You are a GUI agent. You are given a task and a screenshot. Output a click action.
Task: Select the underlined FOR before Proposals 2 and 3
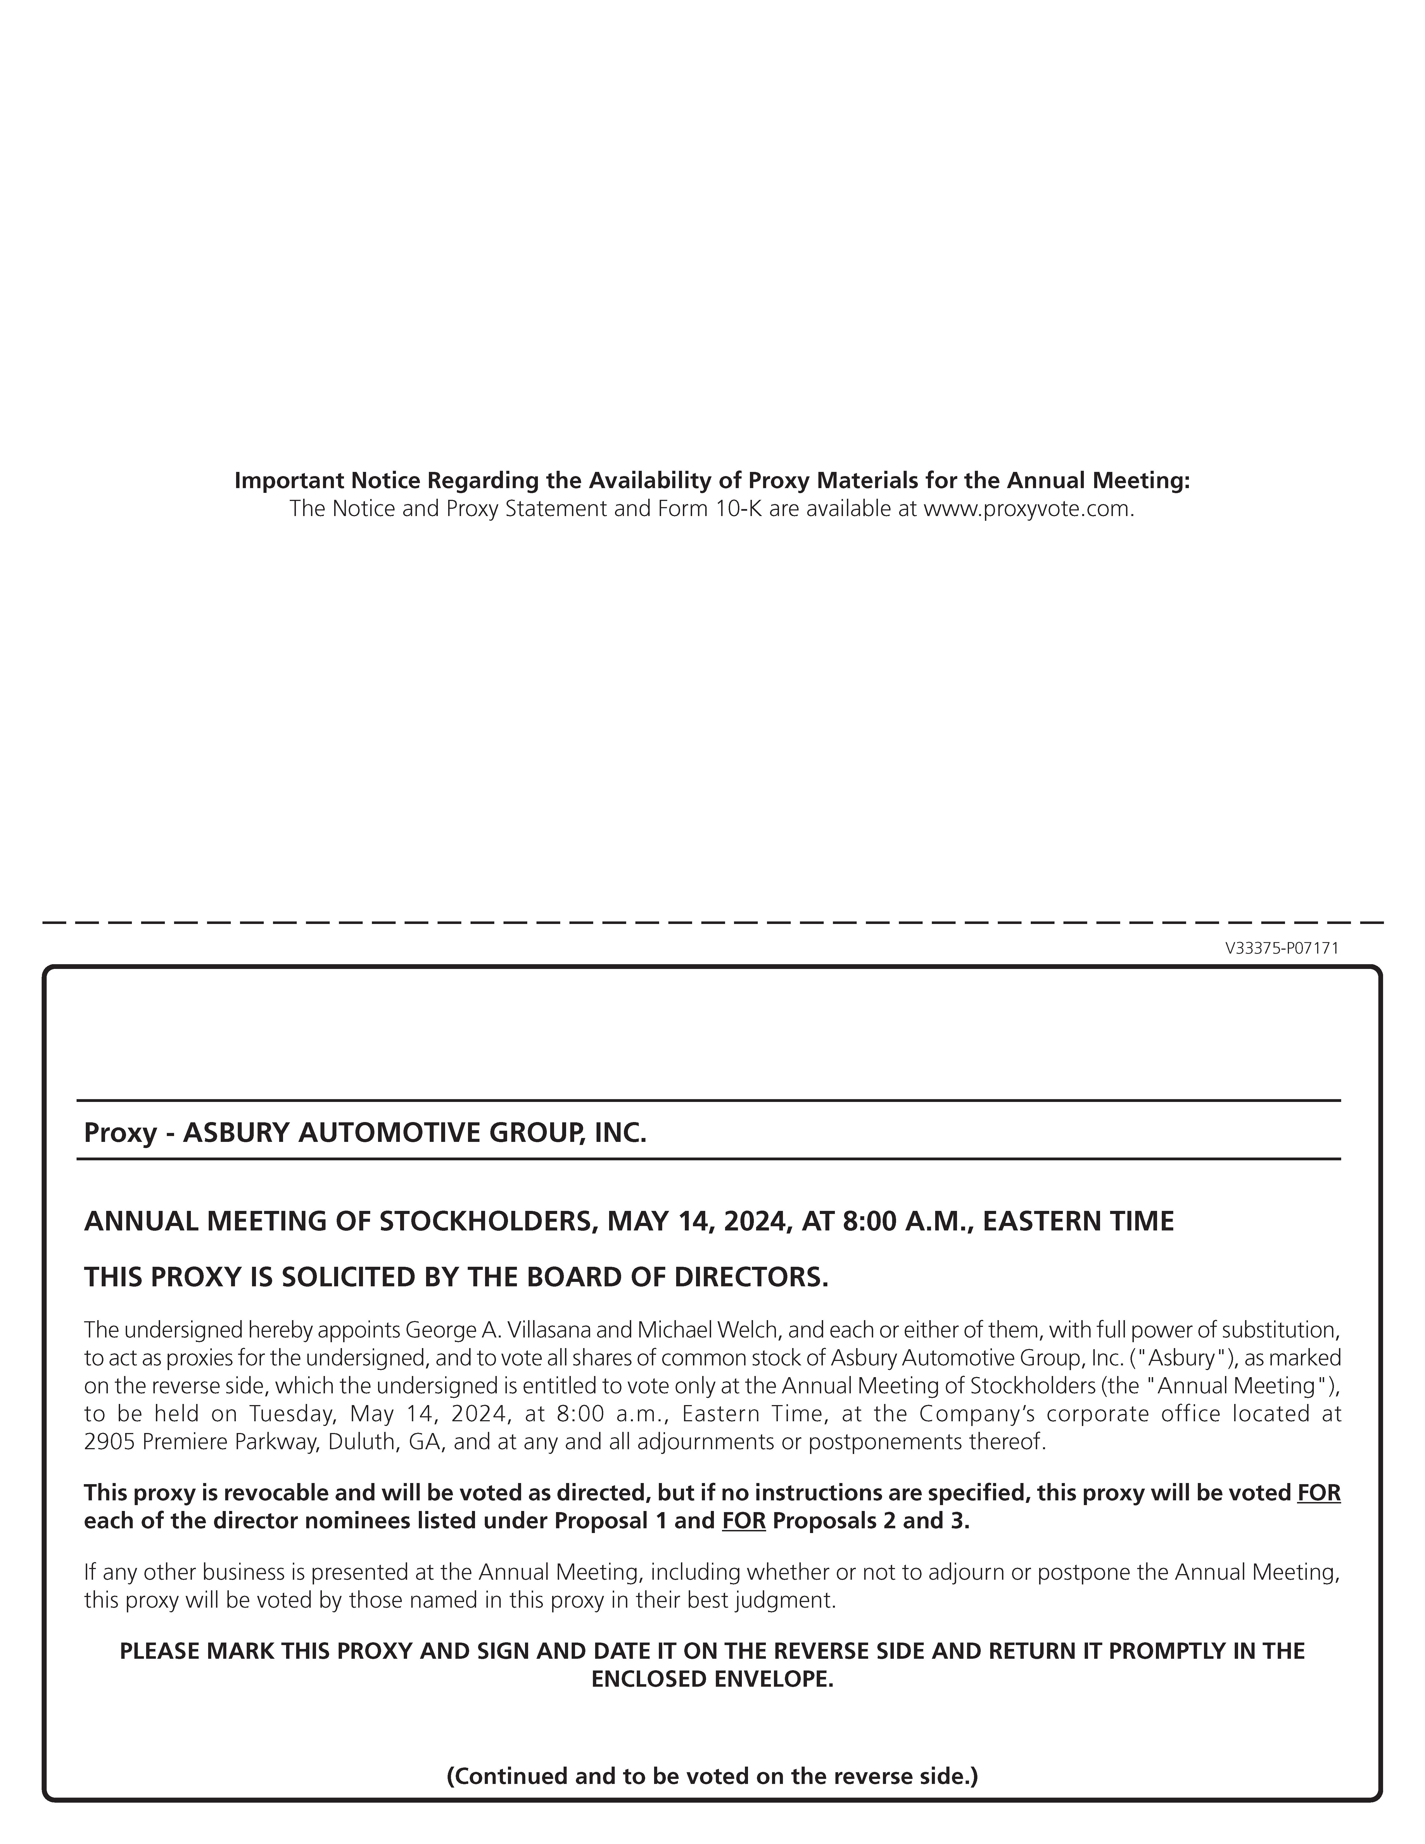(x=744, y=1521)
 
